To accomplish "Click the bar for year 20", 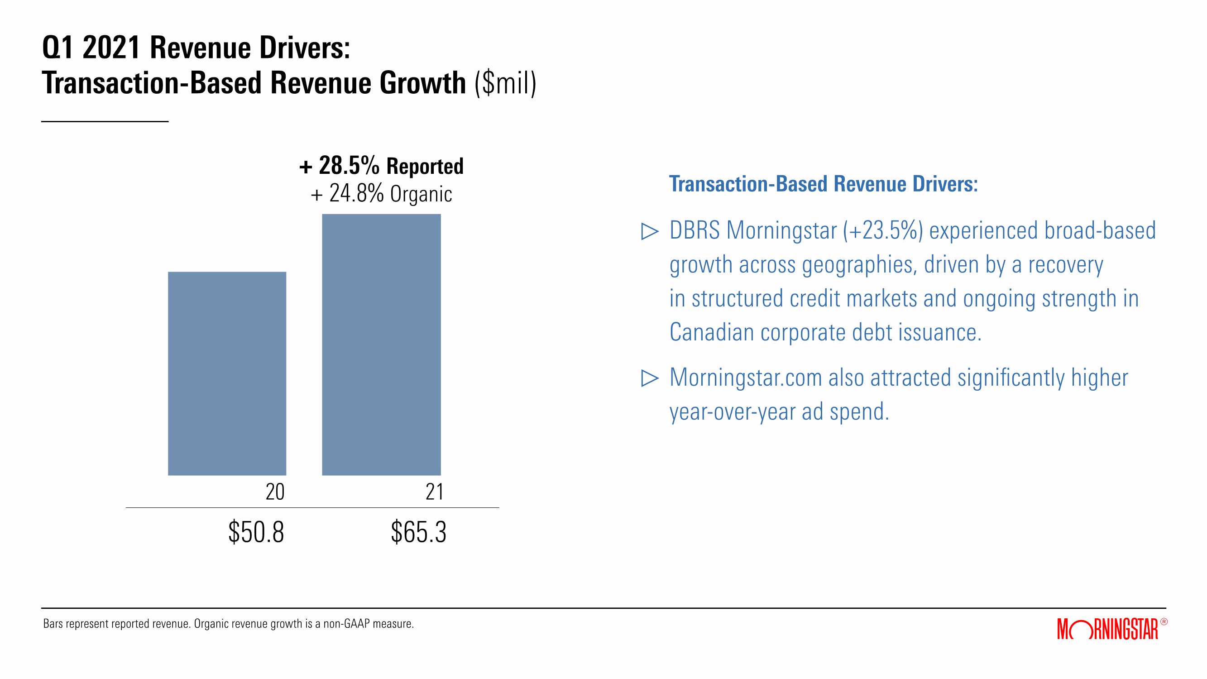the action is pos(227,373).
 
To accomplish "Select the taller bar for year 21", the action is pos(381,345).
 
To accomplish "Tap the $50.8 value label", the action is pos(256,532).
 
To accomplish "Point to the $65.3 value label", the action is pos(419,532).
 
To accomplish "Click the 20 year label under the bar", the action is pos(275,492).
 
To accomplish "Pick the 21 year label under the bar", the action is pos(434,492).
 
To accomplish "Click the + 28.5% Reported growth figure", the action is pos(381,166).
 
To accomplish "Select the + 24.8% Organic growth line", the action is pos(381,194).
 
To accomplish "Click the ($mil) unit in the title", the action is pos(506,83).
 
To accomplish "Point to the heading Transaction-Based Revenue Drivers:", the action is pos(823,184).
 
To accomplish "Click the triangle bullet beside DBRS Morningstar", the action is pos(650,231).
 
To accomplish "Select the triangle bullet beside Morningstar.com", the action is pos(650,378).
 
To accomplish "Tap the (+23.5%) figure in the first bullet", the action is pos(883,230).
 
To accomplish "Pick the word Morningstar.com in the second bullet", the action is pos(746,378).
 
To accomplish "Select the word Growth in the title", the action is pos(423,83).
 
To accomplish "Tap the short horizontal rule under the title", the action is pos(105,122).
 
